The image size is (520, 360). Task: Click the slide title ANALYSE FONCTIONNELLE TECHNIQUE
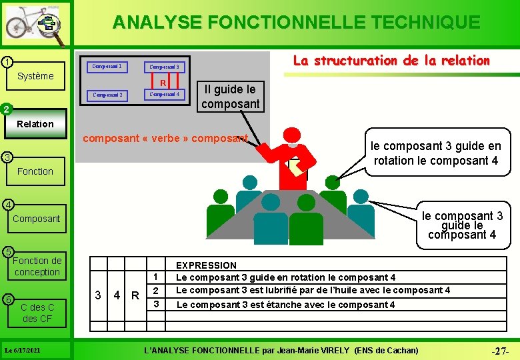pos(296,22)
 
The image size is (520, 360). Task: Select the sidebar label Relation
pos(35,123)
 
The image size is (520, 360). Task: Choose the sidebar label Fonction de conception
pos(37,266)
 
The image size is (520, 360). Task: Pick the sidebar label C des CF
pos(37,313)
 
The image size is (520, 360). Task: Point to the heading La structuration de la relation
pos(391,61)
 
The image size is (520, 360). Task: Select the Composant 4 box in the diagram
pos(164,95)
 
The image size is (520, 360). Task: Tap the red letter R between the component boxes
pos(162,83)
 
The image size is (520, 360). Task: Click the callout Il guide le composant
pos(229,97)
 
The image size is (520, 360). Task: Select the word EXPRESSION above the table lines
pos(206,265)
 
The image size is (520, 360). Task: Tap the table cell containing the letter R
pos(135,295)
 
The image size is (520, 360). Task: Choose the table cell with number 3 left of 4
pos(98,295)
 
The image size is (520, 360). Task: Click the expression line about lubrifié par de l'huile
pos(312,290)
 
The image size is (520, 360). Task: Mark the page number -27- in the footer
pos(500,350)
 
